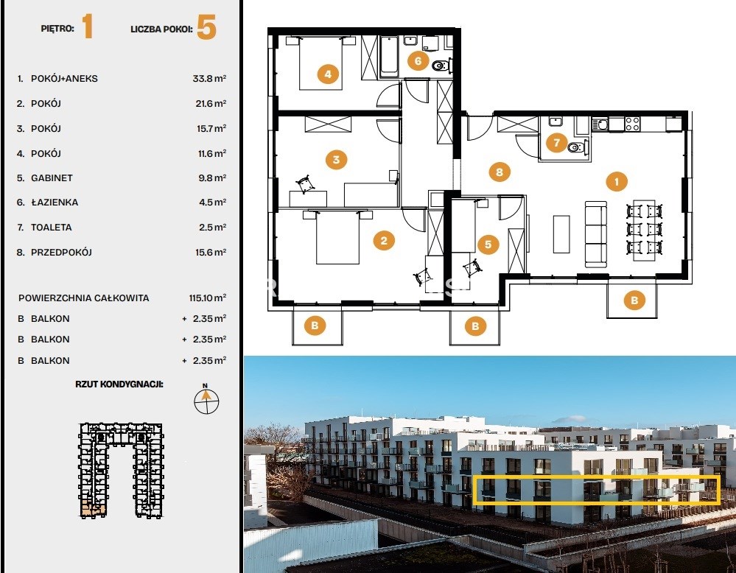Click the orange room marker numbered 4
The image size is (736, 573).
tap(328, 74)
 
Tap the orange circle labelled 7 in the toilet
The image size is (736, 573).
tap(557, 142)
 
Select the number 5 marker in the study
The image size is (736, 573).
tap(488, 244)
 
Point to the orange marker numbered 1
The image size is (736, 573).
tap(617, 181)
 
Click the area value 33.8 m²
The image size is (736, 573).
tap(209, 78)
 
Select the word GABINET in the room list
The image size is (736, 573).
tap(52, 177)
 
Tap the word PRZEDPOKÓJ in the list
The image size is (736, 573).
tap(61, 252)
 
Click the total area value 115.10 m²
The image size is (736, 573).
tap(208, 298)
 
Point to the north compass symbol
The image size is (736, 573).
tap(206, 400)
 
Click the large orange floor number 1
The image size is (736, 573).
tap(88, 27)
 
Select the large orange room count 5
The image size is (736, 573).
tap(206, 27)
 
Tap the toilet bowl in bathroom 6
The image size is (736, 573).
tap(441, 66)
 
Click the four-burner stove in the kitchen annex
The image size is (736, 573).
tap(632, 124)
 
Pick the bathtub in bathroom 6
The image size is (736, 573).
tap(389, 57)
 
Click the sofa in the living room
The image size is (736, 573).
tap(596, 233)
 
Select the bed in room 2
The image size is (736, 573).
tap(337, 236)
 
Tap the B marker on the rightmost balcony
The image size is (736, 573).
tap(634, 300)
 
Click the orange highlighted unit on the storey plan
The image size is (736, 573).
tap(93, 509)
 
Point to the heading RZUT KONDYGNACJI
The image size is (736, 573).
tap(119, 384)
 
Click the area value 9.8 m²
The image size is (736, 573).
tap(213, 177)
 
